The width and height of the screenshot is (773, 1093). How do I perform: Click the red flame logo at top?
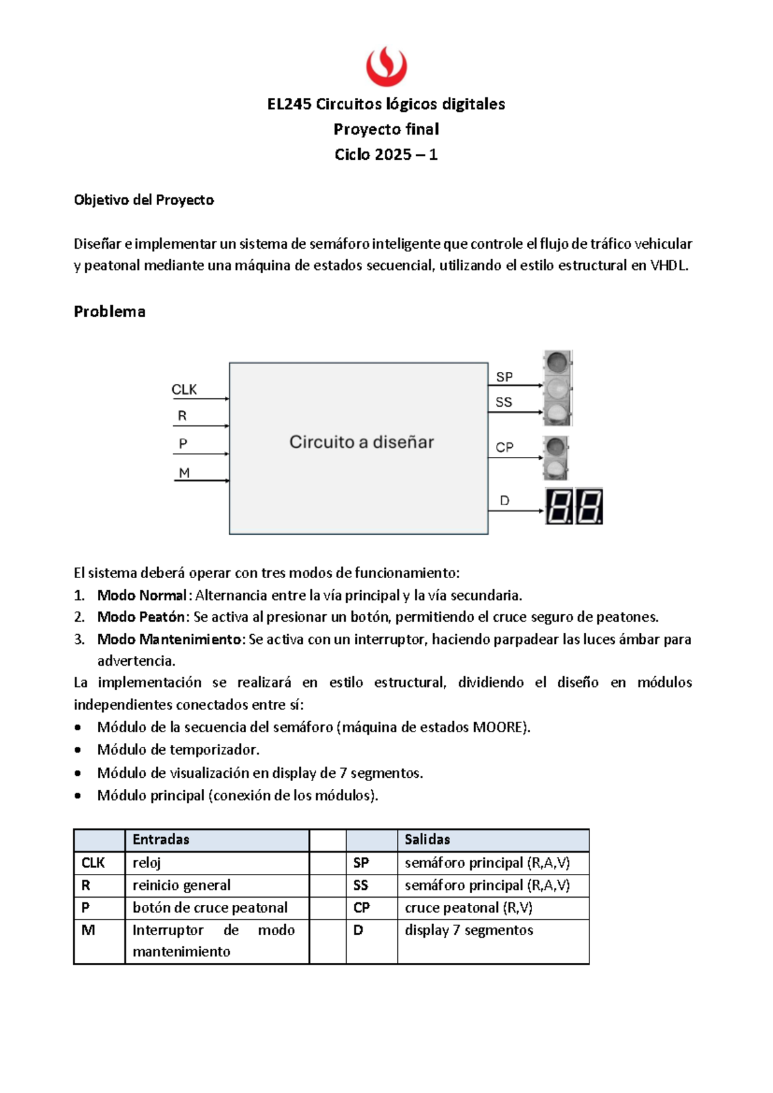[x=386, y=66]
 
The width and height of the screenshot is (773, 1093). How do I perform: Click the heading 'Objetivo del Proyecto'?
[x=144, y=200]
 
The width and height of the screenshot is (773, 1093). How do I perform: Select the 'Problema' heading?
[x=110, y=312]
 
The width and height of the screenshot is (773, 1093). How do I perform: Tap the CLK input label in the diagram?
[x=184, y=389]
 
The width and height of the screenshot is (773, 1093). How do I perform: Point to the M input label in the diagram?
[x=184, y=472]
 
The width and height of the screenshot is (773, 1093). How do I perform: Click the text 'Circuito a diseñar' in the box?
[x=361, y=442]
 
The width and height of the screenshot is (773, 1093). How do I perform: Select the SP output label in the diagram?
[x=504, y=377]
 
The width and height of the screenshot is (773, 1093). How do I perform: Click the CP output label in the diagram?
[x=504, y=447]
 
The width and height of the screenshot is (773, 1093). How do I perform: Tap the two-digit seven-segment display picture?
[x=575, y=507]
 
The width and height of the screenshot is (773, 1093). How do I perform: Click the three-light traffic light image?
[x=558, y=388]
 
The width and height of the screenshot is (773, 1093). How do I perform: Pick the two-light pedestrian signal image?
[x=555, y=458]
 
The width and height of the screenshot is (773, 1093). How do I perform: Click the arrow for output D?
[x=515, y=511]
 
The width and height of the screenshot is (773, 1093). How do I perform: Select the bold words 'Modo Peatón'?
[x=141, y=617]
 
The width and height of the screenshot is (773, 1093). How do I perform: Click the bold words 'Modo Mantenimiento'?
[x=171, y=639]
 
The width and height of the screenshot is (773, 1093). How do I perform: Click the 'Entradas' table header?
[x=161, y=839]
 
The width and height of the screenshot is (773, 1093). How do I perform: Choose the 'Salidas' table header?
[x=427, y=839]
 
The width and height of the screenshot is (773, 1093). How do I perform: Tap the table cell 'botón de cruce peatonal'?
[x=210, y=907]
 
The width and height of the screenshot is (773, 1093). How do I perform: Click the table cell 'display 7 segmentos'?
[x=469, y=930]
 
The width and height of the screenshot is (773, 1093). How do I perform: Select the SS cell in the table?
[x=361, y=885]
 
